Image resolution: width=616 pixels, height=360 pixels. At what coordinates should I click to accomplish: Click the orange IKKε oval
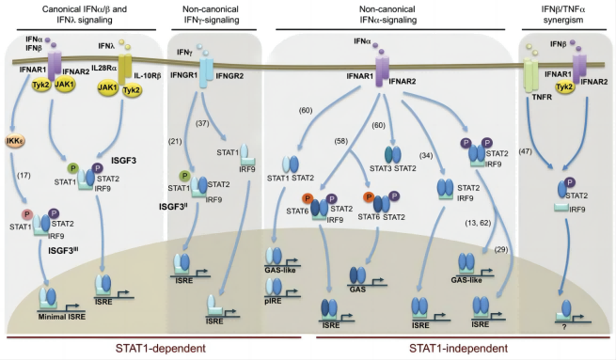click(15, 141)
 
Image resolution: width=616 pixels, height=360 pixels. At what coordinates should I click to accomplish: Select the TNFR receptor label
click(542, 97)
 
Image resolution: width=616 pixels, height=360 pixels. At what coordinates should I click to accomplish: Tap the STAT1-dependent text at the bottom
click(160, 348)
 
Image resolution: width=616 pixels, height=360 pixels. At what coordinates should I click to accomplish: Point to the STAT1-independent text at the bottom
click(458, 348)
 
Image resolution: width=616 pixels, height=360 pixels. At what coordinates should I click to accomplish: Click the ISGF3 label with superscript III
click(63, 250)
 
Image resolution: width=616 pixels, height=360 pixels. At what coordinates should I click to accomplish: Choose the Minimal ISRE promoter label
click(62, 317)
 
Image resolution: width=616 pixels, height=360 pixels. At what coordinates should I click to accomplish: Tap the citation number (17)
click(24, 175)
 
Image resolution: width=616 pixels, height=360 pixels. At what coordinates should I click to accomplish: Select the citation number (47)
click(526, 151)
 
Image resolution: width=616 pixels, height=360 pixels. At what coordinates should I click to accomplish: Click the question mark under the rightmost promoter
click(564, 326)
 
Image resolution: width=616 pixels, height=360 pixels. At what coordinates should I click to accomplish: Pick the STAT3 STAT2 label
click(392, 168)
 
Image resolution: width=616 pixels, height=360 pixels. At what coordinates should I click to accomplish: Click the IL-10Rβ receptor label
click(148, 76)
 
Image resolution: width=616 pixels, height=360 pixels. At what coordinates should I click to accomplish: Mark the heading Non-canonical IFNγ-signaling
click(212, 14)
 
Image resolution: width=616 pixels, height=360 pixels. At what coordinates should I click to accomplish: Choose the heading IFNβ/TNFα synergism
click(563, 14)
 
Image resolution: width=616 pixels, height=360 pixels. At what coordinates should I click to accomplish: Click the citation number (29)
click(501, 249)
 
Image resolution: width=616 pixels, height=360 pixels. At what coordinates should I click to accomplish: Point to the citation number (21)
click(174, 141)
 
